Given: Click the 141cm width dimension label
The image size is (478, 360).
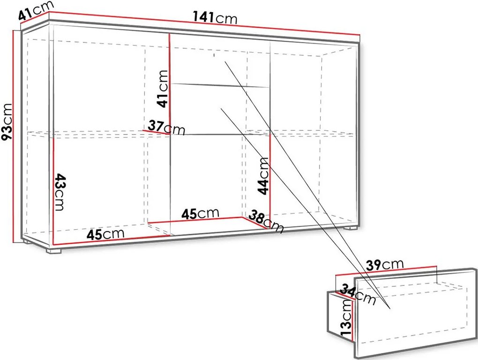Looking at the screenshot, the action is tap(215, 18).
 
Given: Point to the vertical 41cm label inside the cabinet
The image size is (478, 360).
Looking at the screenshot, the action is tap(162, 89).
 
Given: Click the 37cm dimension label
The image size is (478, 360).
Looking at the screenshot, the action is tap(166, 127).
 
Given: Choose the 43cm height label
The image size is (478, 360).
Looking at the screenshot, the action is tap(60, 192).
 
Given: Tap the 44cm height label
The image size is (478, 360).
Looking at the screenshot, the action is tap(263, 176).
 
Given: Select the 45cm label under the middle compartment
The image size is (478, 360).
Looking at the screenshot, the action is tap(200, 214).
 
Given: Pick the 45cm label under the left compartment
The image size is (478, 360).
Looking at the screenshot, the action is tap(105, 234).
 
